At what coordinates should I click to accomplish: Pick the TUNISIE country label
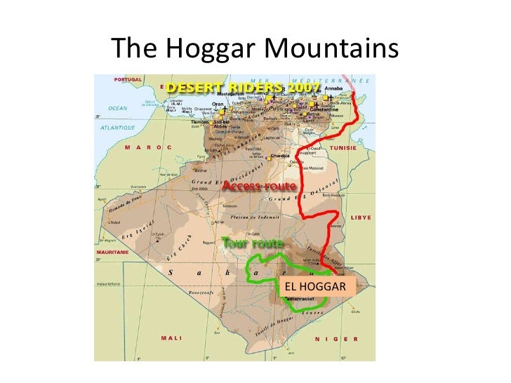click(x=343, y=148)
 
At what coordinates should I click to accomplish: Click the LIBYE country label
click(x=360, y=217)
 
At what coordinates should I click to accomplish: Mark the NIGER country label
click(x=336, y=339)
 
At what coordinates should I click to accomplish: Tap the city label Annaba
click(x=335, y=89)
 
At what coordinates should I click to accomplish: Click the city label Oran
click(x=218, y=104)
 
